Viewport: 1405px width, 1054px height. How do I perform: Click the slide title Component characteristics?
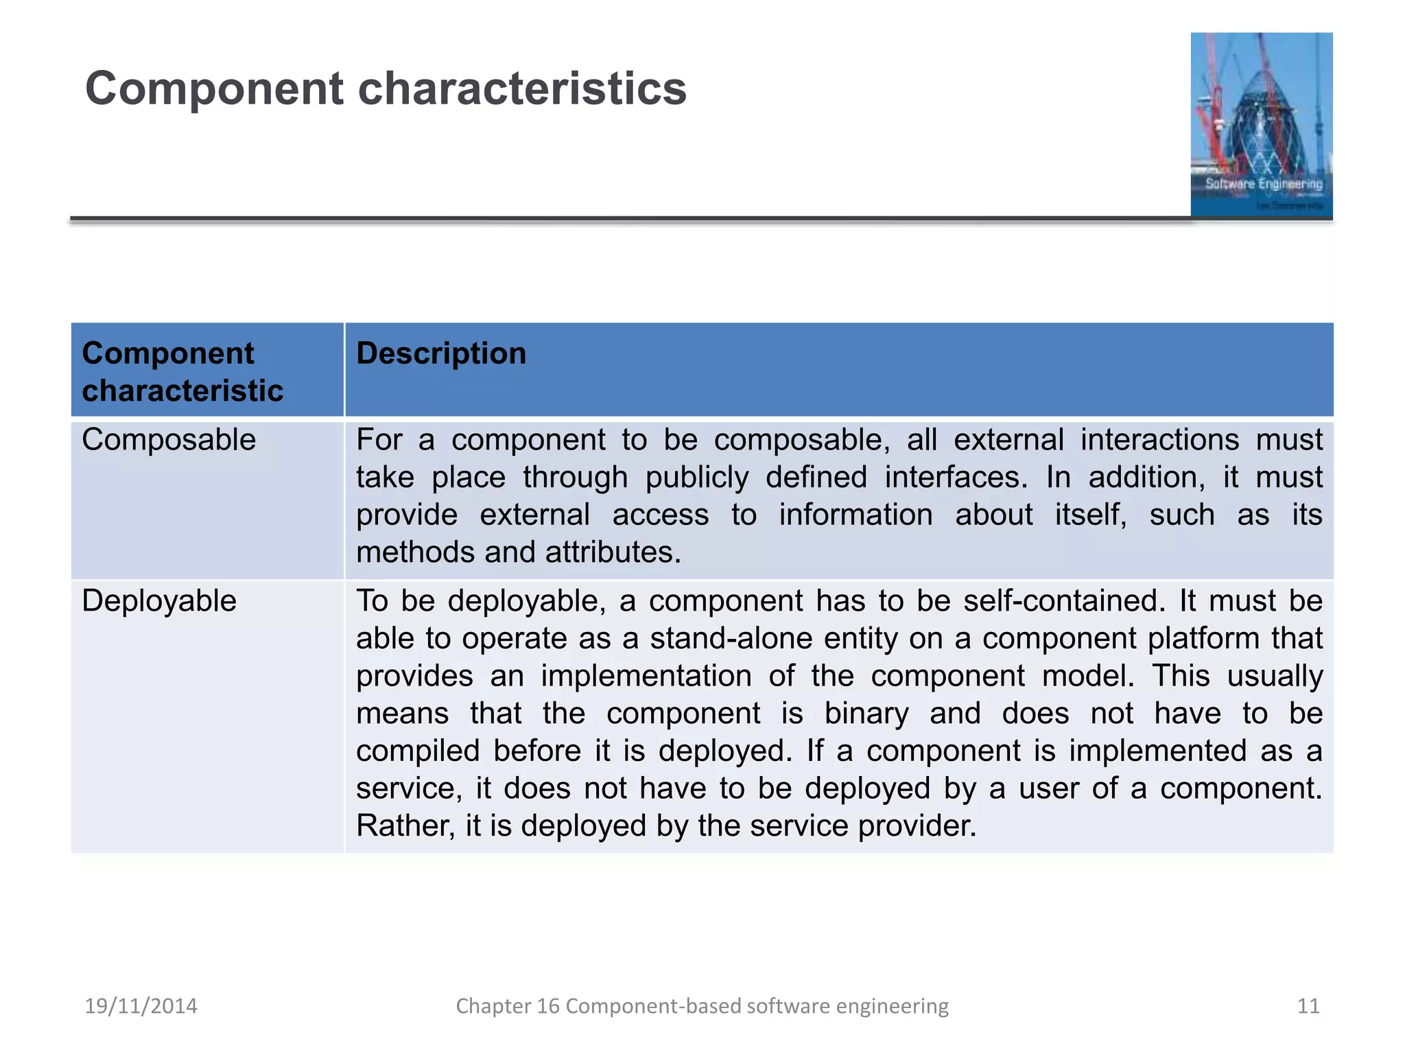click(x=386, y=89)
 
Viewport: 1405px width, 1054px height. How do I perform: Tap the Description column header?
click(x=441, y=353)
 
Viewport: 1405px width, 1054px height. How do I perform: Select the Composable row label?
click(x=169, y=440)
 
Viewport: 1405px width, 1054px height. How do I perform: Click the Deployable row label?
click(x=159, y=601)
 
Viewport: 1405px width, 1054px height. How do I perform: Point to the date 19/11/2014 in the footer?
click(x=141, y=1006)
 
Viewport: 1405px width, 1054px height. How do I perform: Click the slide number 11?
click(x=1308, y=1006)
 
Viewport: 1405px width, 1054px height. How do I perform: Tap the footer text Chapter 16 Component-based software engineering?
click(x=702, y=1006)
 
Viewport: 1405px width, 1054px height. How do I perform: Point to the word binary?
click(x=866, y=714)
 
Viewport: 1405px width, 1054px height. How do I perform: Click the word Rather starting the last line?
click(x=405, y=825)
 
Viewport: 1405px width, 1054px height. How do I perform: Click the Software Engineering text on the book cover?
click(x=1264, y=184)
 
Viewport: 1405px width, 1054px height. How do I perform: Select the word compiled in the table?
click(x=417, y=751)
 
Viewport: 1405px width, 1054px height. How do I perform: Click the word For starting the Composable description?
click(x=379, y=440)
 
